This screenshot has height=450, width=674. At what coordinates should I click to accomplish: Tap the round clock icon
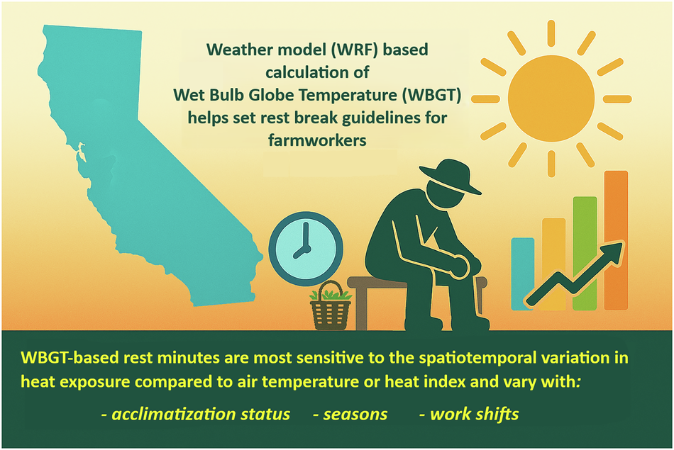tap(306, 249)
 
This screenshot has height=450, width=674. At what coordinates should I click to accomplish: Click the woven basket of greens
tap(331, 307)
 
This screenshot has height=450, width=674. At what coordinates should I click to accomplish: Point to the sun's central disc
tap(551, 99)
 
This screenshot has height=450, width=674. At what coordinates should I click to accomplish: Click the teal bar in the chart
tap(523, 274)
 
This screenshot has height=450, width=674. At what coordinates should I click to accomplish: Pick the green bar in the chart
tap(585, 253)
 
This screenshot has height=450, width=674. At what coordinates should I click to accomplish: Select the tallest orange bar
tap(616, 240)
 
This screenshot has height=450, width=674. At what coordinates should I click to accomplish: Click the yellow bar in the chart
tap(553, 264)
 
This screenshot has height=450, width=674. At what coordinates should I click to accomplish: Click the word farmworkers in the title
tap(317, 140)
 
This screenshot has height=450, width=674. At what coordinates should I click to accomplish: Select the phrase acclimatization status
tap(200, 414)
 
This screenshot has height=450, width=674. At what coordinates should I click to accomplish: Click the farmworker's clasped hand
tap(459, 265)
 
